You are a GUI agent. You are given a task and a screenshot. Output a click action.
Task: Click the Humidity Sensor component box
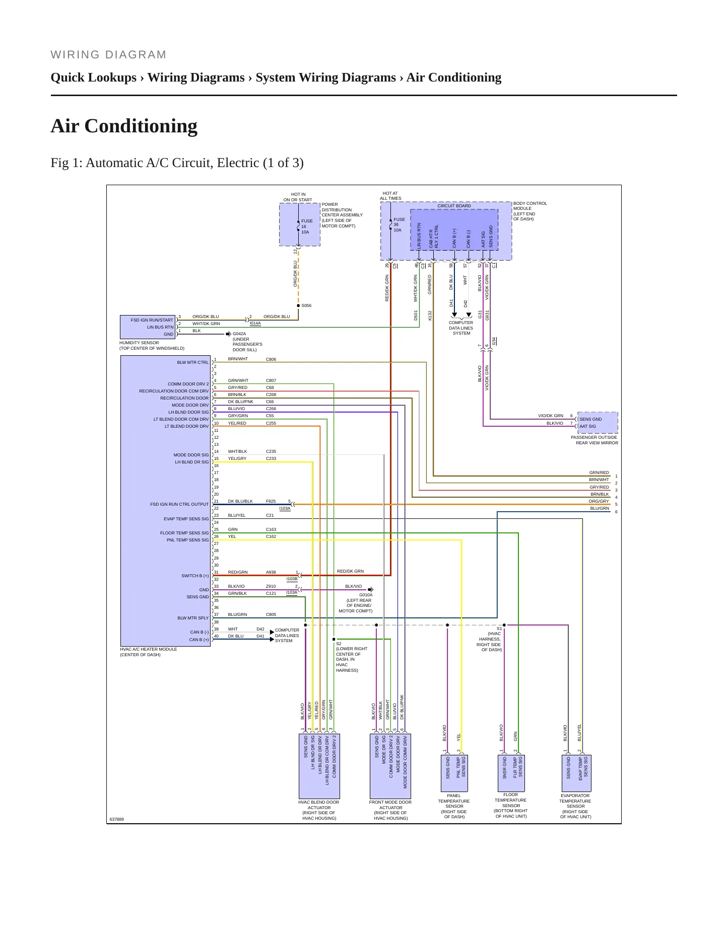(x=148, y=327)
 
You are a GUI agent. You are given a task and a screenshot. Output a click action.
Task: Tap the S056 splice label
(x=306, y=305)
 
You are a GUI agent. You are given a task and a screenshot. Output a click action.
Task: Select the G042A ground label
(x=239, y=334)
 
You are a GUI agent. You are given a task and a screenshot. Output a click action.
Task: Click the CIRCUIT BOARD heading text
(x=454, y=206)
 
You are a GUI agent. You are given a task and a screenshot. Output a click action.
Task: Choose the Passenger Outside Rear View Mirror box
(x=598, y=423)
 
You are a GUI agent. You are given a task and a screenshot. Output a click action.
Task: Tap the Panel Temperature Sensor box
(x=454, y=773)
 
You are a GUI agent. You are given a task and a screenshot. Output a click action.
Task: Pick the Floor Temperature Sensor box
(x=511, y=773)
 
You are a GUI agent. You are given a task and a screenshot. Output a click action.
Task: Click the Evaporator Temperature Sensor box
(x=576, y=773)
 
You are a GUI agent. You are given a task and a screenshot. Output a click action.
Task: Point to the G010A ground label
(x=366, y=595)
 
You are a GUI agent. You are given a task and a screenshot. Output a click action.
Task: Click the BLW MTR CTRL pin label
(x=192, y=362)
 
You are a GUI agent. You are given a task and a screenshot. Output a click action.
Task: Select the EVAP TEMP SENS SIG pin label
(x=186, y=519)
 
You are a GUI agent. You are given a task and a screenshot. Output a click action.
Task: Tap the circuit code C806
(x=271, y=359)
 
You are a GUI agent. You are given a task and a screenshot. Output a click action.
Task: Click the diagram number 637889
(x=117, y=819)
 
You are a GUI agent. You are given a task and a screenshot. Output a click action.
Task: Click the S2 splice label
(x=339, y=644)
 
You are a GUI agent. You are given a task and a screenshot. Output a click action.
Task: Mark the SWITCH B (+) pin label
(x=195, y=576)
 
